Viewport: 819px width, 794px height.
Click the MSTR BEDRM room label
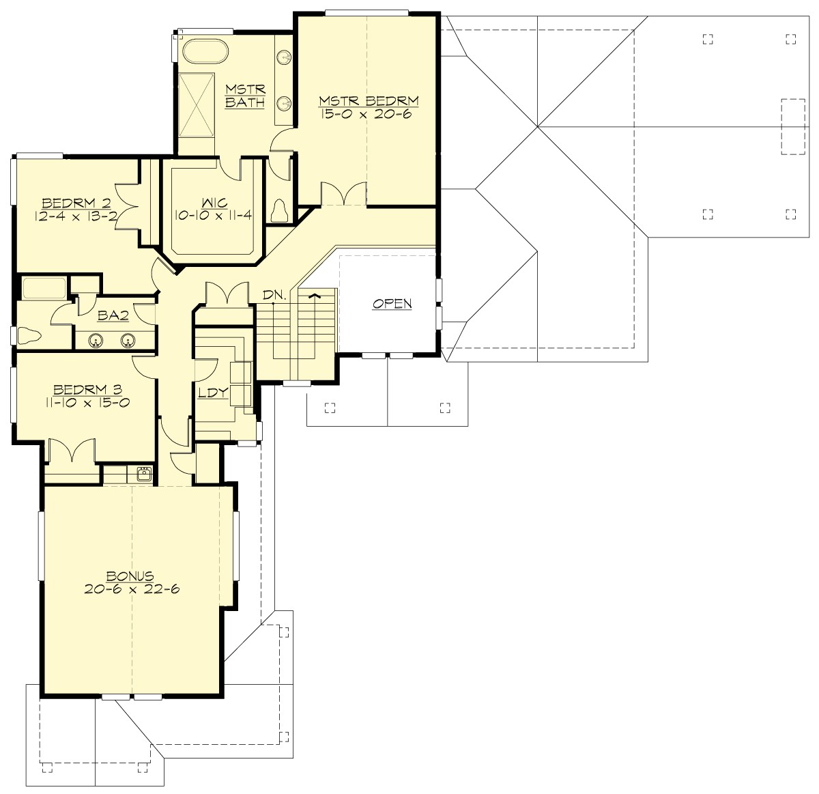(369, 101)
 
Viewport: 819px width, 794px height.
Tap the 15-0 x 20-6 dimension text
(369, 114)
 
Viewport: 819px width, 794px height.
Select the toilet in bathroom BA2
(30, 336)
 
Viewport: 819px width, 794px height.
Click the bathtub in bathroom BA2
(44, 288)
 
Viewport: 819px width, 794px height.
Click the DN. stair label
(275, 295)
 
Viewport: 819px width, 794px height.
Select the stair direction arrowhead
(314, 296)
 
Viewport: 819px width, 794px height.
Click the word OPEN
(392, 303)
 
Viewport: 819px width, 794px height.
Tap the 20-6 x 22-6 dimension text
(132, 589)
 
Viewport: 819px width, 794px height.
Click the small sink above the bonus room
(143, 474)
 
